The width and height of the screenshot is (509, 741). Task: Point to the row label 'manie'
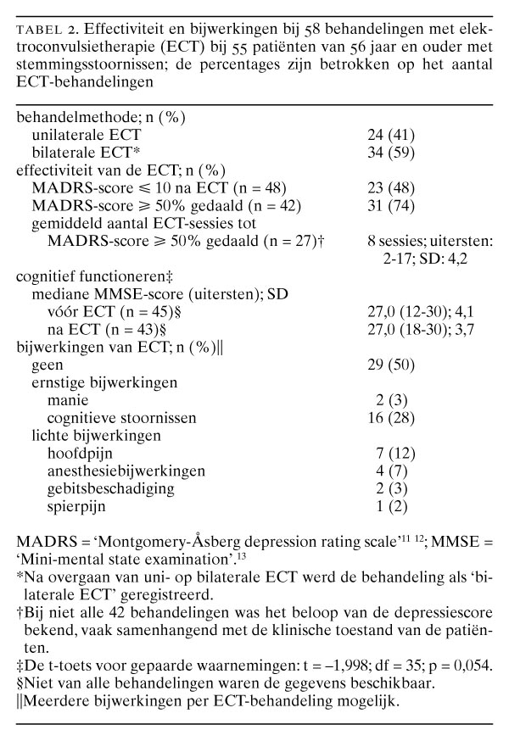66,400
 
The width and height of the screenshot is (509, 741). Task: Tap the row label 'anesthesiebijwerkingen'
115,471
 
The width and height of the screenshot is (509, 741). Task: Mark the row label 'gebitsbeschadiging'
103,489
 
